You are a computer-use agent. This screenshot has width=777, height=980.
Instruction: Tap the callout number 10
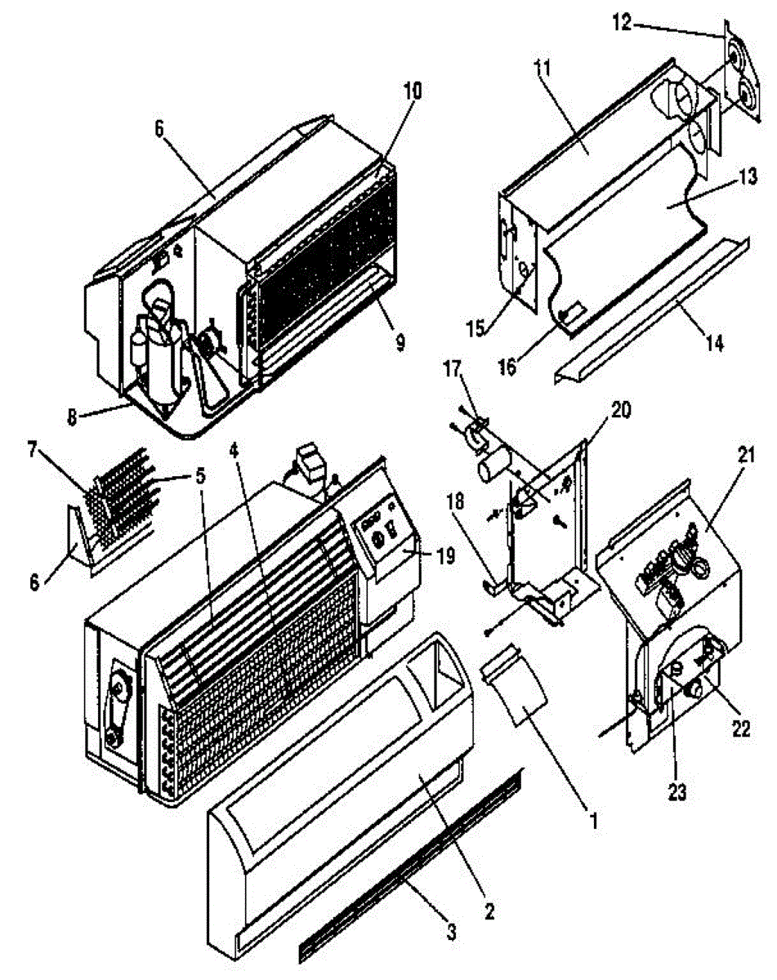(411, 91)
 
